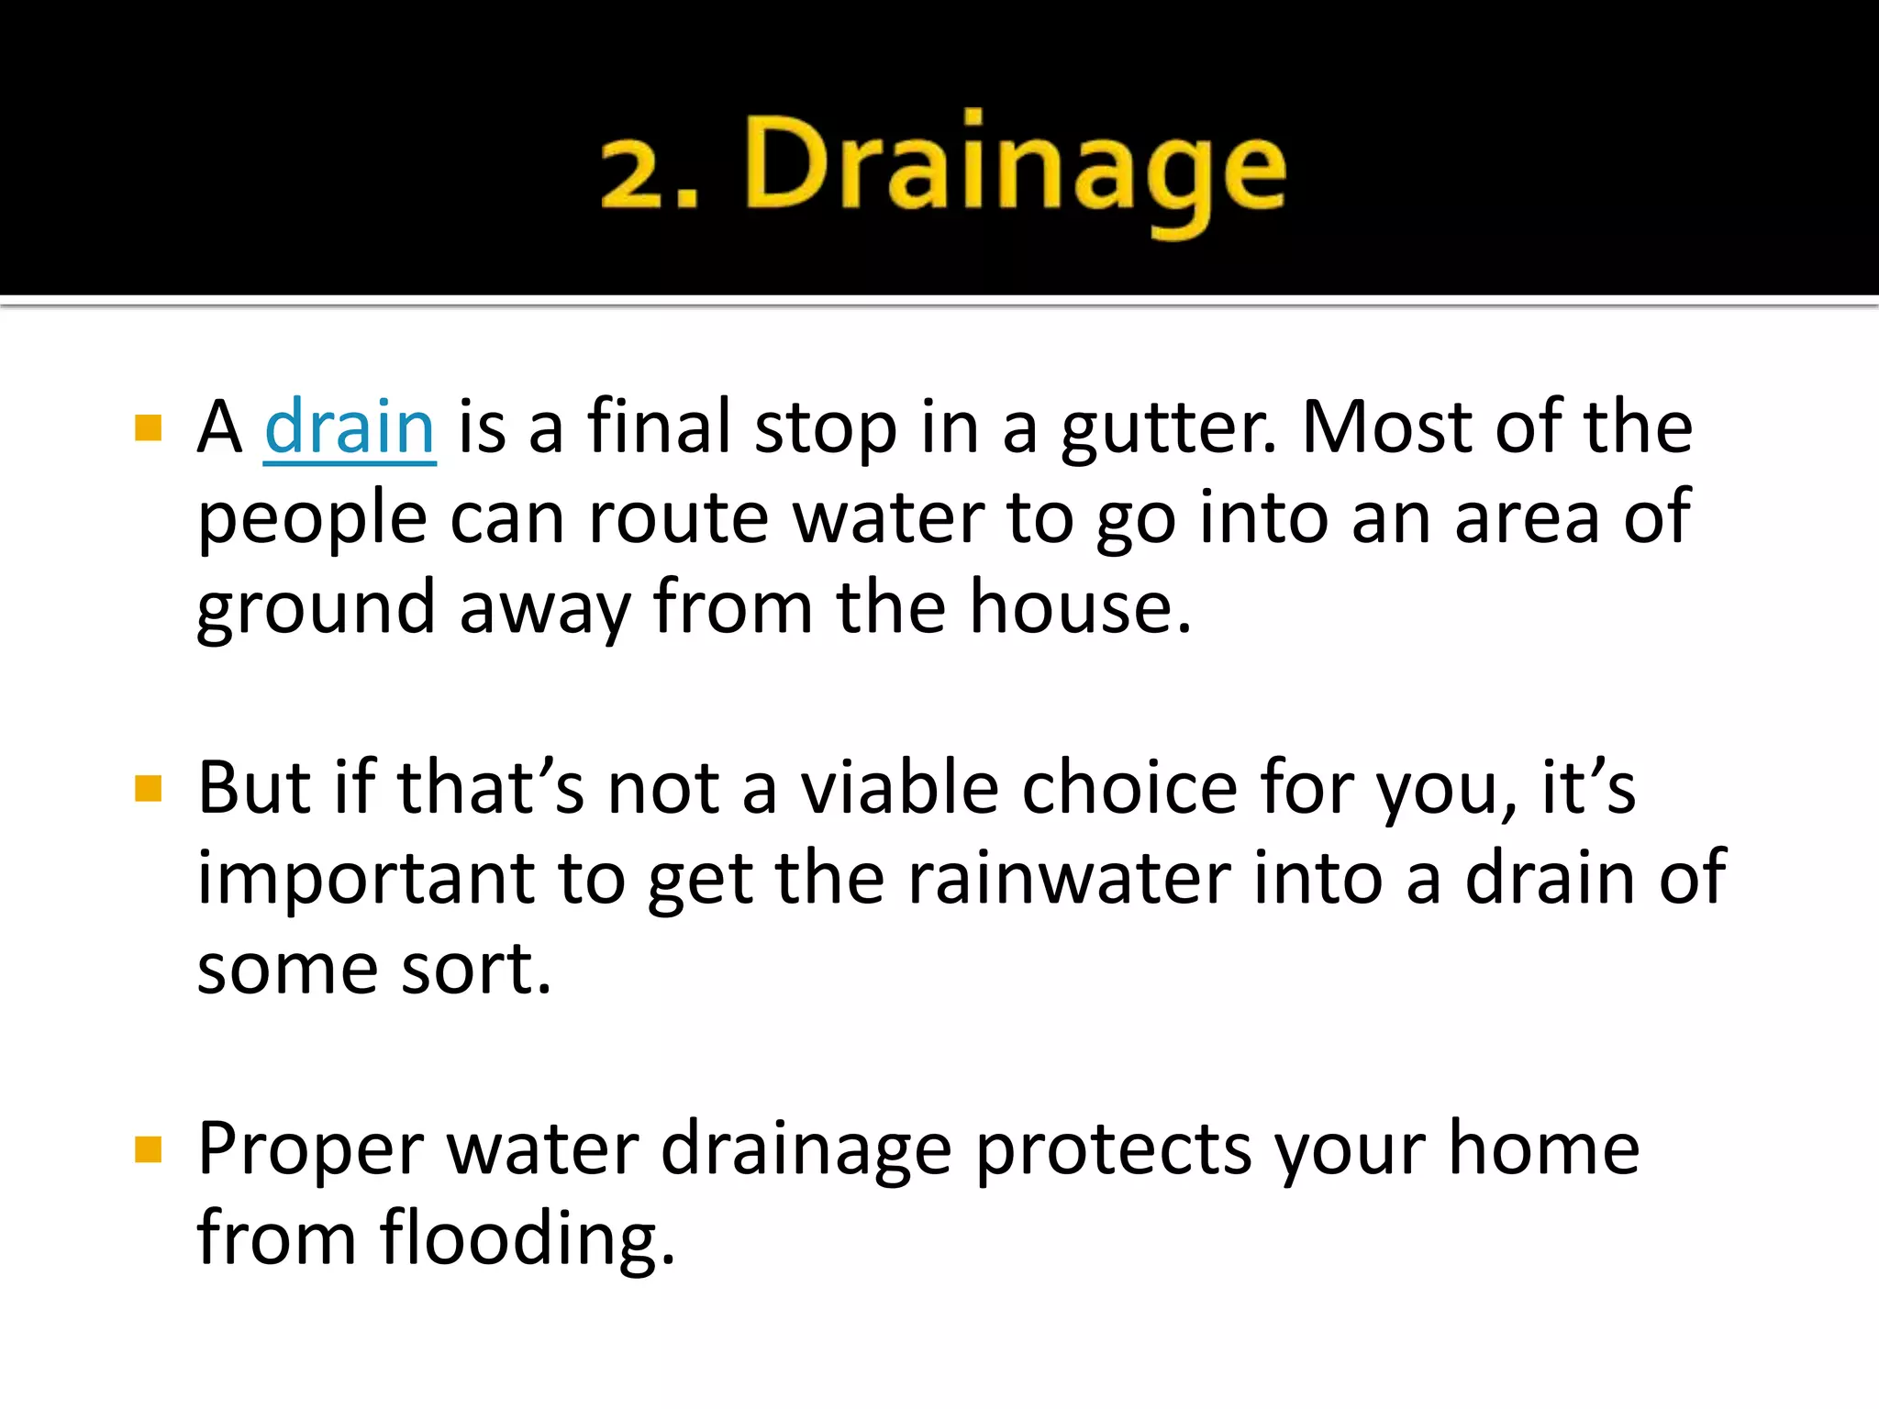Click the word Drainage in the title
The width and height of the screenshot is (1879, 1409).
(1017, 170)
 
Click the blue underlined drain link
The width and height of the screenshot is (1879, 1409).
(350, 427)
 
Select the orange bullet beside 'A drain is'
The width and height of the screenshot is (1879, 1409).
(148, 427)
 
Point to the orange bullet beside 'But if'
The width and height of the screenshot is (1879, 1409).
(148, 788)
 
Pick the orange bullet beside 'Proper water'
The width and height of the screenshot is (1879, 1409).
(148, 1149)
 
